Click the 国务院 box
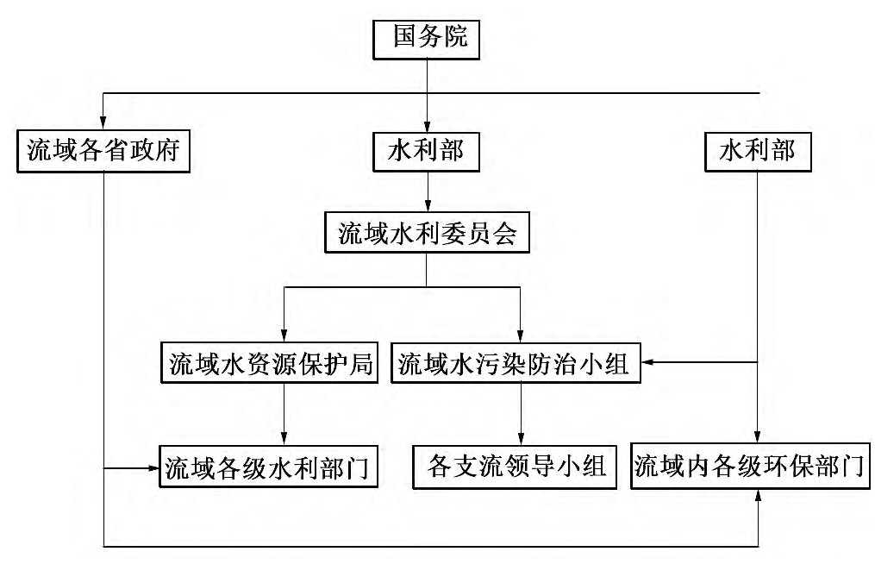(x=427, y=39)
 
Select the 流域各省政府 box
(x=103, y=151)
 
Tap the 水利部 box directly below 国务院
(x=427, y=151)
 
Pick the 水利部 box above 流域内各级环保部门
(x=758, y=151)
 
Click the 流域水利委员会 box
(x=427, y=232)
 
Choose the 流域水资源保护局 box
(x=270, y=362)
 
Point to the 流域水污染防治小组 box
(x=516, y=362)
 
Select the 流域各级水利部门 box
(x=268, y=467)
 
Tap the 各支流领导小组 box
(x=515, y=467)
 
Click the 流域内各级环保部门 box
(x=751, y=467)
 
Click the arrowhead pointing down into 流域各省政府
(x=103, y=123)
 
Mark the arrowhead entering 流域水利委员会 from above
(x=428, y=205)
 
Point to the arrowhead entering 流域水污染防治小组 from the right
(x=648, y=362)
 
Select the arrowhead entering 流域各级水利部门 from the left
(x=153, y=468)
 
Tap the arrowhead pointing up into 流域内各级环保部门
(x=757, y=497)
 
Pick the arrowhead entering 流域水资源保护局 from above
(x=284, y=335)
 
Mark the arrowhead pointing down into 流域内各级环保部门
(x=757, y=436)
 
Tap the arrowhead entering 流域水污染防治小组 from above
(x=520, y=335)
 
